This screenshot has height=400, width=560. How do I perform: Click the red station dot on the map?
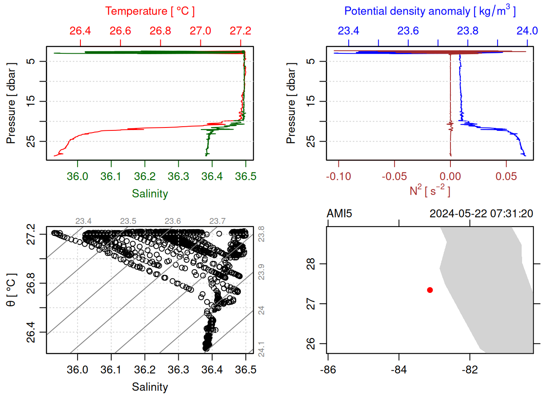coord(430,290)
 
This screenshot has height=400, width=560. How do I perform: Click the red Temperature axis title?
coord(150,11)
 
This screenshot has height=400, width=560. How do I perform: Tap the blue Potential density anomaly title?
coord(430,11)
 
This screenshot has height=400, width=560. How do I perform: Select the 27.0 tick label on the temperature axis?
coord(200,31)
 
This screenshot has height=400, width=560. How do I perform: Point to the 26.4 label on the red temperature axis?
coord(80,31)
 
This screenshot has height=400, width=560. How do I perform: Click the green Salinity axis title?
coord(150,194)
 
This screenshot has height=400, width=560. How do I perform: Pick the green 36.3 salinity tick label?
coord(178,177)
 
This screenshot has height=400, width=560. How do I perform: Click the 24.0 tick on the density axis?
coord(527,31)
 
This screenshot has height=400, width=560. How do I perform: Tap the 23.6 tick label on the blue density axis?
coord(408,31)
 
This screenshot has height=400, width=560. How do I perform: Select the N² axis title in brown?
coord(430,190)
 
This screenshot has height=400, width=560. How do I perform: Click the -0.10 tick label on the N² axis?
coord(338,177)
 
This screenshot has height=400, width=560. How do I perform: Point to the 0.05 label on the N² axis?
coord(506,177)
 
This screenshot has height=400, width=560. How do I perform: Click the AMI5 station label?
coord(339,214)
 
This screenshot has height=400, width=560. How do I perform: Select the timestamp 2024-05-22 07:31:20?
coord(481,214)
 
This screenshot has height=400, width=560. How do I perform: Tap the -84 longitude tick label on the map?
coord(399,370)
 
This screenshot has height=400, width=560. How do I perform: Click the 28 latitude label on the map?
coord(311,264)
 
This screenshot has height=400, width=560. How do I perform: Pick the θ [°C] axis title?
coord(11,290)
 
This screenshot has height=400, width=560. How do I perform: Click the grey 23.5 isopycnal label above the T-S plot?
coord(128,221)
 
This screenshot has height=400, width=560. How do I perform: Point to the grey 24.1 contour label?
coord(261,349)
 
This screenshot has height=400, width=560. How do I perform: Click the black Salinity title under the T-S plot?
coord(150,387)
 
